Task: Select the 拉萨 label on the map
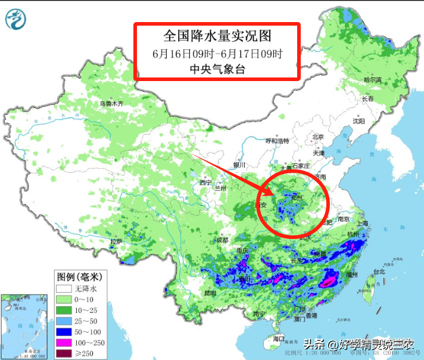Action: pos(116,241)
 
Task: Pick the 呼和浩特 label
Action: pos(277,141)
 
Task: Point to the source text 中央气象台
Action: pos(216,69)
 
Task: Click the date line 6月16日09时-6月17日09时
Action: pos(216,53)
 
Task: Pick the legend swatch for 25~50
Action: pos(63,321)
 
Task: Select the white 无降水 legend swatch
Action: pos(63,288)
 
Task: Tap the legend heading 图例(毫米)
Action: pos(80,277)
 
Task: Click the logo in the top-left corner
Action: pos(16,18)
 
